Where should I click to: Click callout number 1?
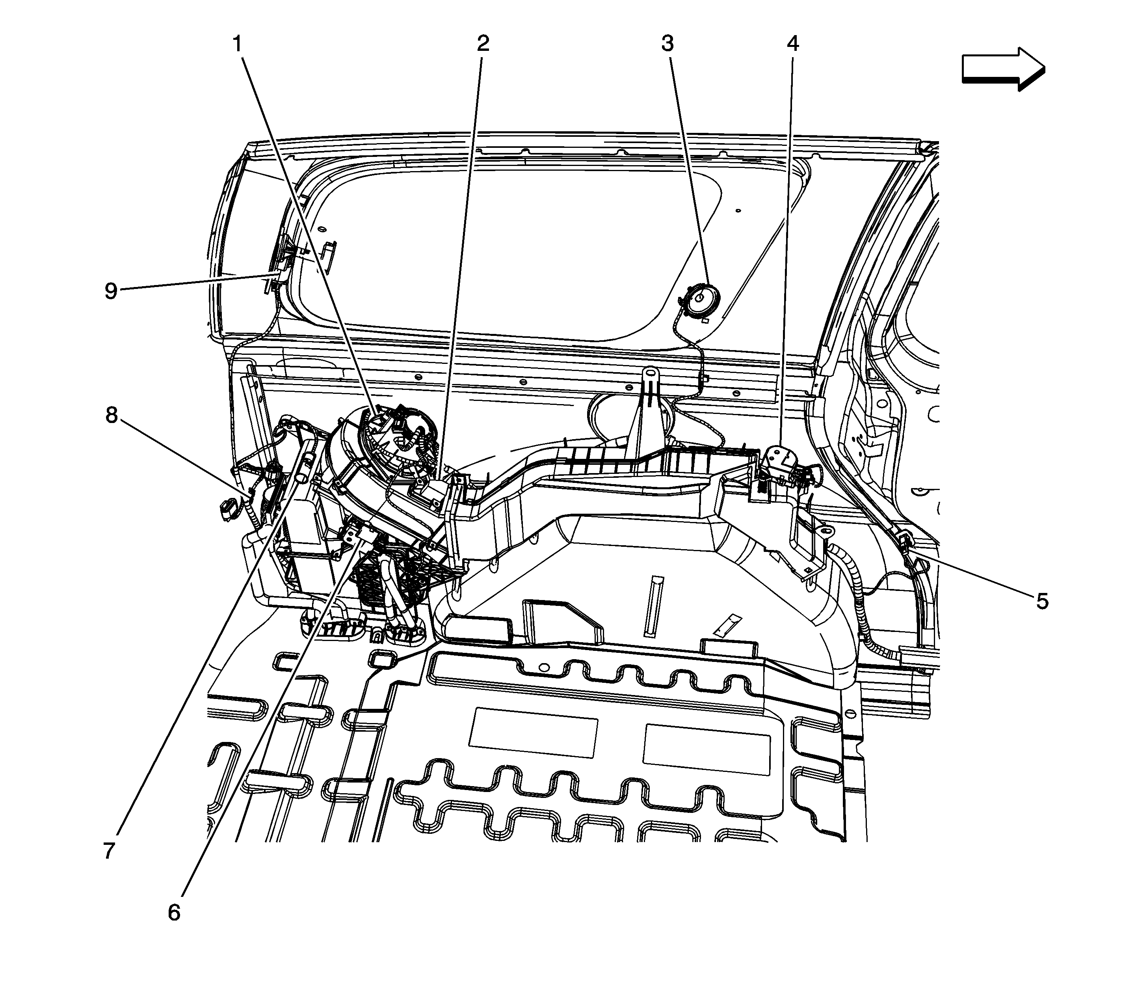coord(237,44)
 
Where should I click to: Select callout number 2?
coord(482,43)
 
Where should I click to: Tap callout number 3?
coord(667,43)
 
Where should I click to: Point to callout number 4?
coord(792,43)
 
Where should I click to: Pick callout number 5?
coord(1042,601)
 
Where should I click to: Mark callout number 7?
coord(109,851)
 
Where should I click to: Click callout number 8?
coord(112,416)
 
